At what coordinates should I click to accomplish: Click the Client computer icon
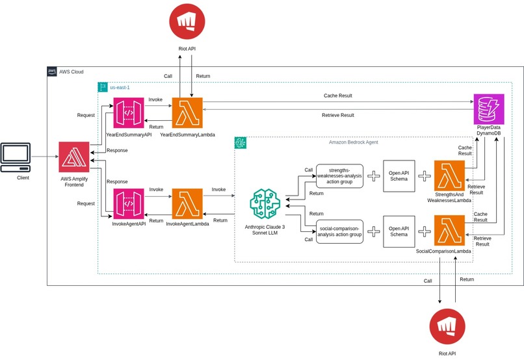(16, 157)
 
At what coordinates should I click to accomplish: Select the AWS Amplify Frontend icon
(74, 157)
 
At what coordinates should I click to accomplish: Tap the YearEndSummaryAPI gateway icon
(129, 113)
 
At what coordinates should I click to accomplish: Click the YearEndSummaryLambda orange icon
(187, 113)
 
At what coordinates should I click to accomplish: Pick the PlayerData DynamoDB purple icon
(489, 109)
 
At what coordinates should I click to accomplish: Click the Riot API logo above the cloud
(187, 21)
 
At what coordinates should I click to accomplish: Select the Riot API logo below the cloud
(447, 327)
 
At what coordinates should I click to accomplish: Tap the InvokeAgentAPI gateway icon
(129, 203)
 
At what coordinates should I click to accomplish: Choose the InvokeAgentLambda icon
(187, 203)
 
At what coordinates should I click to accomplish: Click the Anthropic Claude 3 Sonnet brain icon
(265, 203)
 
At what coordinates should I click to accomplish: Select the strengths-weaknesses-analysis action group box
(339, 176)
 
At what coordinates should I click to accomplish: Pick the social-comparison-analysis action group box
(339, 231)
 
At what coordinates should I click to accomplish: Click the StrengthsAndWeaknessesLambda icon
(449, 175)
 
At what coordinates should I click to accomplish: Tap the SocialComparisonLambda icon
(449, 231)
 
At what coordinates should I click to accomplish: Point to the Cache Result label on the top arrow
(338, 96)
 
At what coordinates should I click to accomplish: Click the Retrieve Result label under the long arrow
(338, 115)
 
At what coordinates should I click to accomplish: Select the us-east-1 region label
(120, 88)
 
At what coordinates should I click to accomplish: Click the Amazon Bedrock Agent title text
(353, 142)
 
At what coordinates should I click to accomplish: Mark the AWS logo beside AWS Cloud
(52, 71)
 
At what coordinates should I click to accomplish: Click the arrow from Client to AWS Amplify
(45, 157)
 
